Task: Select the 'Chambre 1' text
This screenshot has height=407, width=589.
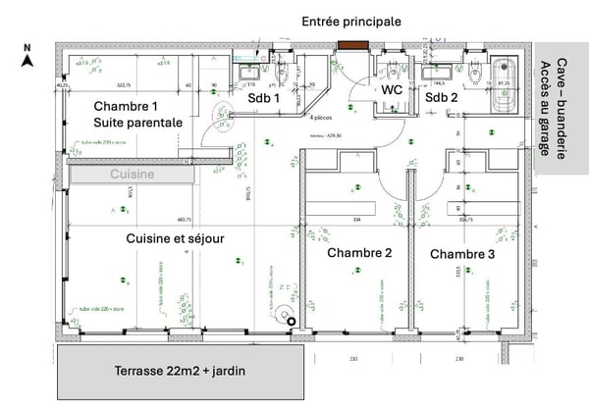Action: click(126, 106)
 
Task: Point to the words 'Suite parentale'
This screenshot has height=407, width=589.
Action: click(138, 124)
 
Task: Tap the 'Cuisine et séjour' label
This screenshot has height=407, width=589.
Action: click(176, 238)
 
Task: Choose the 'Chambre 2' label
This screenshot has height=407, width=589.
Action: click(359, 253)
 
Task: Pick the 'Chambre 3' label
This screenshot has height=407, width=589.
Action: click(461, 254)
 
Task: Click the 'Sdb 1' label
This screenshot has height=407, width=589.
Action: click(263, 98)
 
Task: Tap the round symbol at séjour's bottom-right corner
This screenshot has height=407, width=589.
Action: click(284, 316)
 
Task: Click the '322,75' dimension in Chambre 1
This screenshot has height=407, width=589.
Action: click(123, 84)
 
